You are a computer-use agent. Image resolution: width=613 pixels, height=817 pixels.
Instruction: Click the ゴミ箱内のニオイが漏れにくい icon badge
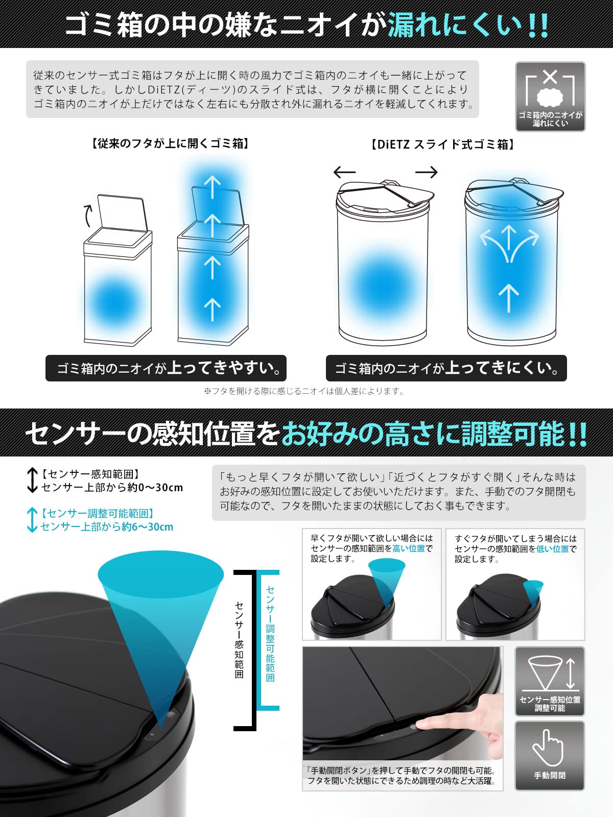coord(550,97)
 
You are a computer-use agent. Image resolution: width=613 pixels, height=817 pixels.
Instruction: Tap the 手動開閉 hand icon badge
coord(549,755)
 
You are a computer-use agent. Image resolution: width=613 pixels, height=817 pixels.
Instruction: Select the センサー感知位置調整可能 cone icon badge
coord(550,681)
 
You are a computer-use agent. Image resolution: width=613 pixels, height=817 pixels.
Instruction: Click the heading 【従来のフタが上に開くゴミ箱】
coord(171,143)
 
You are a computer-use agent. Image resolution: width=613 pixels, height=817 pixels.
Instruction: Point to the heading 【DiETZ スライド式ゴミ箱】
coord(442,145)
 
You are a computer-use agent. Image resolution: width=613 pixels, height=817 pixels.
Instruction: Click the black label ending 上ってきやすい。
coord(166,368)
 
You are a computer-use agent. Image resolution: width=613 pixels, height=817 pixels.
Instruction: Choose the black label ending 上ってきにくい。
coord(446,368)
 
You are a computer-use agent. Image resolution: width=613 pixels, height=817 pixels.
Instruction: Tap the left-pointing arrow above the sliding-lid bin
coord(345,172)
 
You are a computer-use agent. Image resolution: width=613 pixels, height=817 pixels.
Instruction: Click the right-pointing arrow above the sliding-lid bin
coord(426,172)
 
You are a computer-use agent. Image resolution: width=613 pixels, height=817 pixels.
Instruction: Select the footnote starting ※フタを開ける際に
coord(304,391)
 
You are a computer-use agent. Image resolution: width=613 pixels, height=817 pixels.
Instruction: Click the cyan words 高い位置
coord(409,548)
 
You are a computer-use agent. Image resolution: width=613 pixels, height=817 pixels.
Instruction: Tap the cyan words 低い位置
coord(553,549)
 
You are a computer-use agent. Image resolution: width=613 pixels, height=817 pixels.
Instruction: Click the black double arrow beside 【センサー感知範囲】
coord(32,480)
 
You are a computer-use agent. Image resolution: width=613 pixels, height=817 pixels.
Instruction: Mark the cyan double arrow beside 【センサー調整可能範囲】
coord(32,519)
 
